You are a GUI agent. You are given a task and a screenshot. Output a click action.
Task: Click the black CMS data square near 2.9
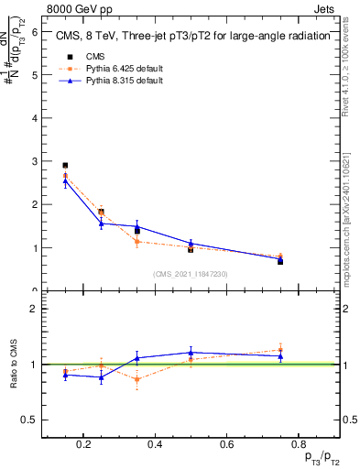[x=65, y=166]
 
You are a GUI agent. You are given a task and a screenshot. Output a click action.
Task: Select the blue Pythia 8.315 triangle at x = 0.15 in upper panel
[x=65, y=181]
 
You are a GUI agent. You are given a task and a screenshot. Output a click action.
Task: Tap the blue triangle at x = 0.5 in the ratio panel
[x=191, y=353]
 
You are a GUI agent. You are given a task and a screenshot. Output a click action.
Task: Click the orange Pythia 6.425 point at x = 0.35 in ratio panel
[x=137, y=379]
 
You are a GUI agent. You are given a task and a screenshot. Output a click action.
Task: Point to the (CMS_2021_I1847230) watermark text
[x=190, y=274]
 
